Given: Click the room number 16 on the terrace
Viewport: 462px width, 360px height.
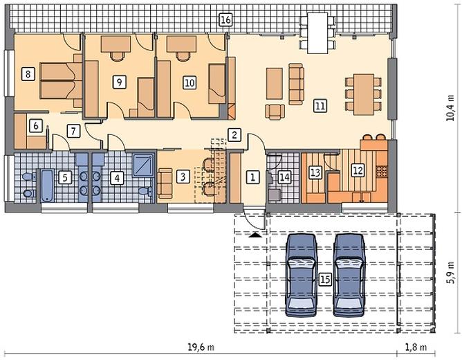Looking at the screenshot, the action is click(x=225, y=20).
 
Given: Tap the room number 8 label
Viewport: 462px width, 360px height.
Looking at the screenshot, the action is click(x=28, y=73).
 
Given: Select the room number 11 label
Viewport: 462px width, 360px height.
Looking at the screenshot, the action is click(x=320, y=105).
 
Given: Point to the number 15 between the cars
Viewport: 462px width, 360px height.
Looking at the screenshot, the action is click(x=325, y=279).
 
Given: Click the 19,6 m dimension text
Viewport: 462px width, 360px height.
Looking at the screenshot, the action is click(x=201, y=347).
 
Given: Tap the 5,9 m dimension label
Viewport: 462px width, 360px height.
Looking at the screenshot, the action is click(x=450, y=273).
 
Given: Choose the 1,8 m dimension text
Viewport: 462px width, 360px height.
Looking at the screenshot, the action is click(x=416, y=347).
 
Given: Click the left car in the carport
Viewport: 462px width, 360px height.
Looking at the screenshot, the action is click(x=302, y=275).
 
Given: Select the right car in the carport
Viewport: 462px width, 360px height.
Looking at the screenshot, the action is click(x=349, y=275).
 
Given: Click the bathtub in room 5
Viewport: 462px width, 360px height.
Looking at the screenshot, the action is click(x=47, y=186).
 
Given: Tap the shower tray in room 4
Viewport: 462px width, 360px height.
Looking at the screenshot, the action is click(x=143, y=165).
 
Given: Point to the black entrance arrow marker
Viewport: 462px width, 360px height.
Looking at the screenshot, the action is click(x=255, y=235).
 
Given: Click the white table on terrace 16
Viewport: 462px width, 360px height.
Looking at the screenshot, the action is click(x=317, y=33).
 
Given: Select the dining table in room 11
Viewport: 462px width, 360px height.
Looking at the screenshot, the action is click(x=364, y=94).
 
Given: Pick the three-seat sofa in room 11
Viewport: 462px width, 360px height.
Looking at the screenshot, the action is click(x=296, y=84).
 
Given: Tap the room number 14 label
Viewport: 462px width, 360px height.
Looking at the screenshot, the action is click(x=285, y=177).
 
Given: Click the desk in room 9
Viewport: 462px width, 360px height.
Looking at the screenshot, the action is click(x=115, y=44).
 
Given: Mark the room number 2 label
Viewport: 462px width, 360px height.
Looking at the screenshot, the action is click(x=234, y=135).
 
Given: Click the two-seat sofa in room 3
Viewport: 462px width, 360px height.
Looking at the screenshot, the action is click(x=165, y=183).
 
